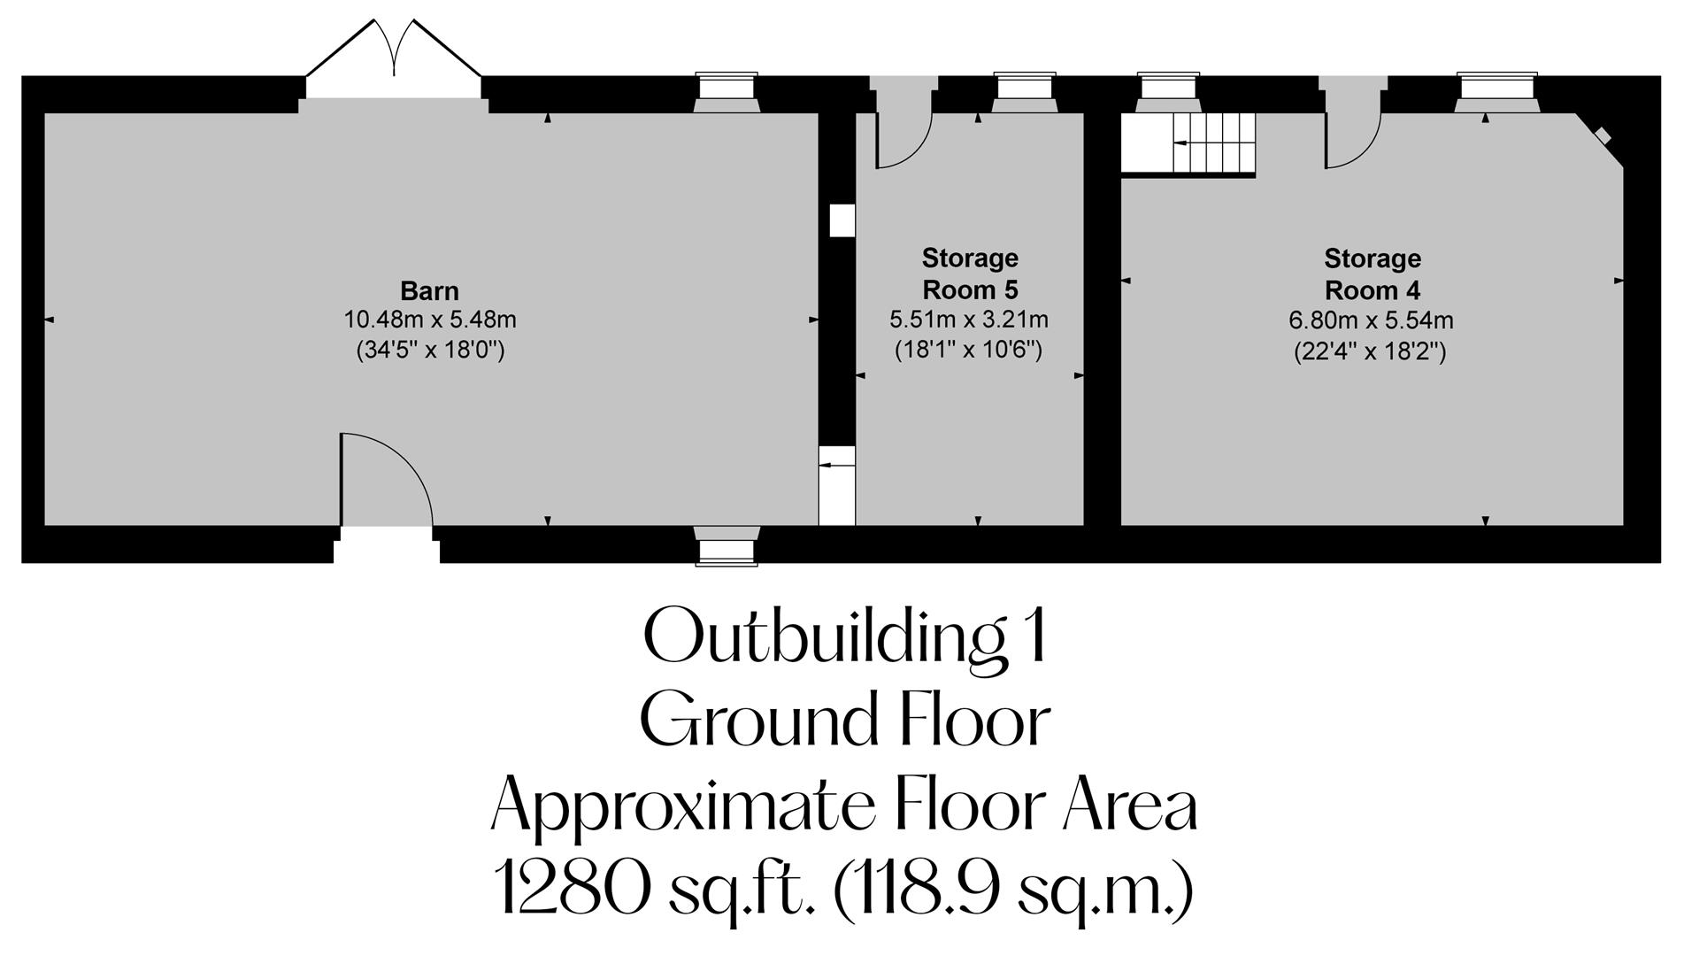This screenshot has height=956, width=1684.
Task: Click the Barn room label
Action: [x=429, y=290]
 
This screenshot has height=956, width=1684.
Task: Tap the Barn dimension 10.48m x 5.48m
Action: [x=429, y=320]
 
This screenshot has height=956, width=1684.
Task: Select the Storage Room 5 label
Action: [x=970, y=274]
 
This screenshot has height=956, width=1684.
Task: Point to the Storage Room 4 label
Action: [x=1372, y=274]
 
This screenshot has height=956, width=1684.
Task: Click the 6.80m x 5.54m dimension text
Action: [x=1371, y=320]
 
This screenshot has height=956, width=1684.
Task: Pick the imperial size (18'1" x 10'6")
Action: [x=968, y=350]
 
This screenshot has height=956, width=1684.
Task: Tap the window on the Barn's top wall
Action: [x=727, y=89]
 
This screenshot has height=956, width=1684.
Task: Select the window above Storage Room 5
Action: [x=1024, y=89]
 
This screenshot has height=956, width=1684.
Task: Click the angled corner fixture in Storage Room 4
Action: [x=1603, y=136]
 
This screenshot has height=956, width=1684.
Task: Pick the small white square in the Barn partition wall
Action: [x=842, y=220]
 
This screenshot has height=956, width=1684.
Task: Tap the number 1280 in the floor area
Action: [x=570, y=890]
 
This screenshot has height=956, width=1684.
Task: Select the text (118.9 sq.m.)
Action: [x=1014, y=890]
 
